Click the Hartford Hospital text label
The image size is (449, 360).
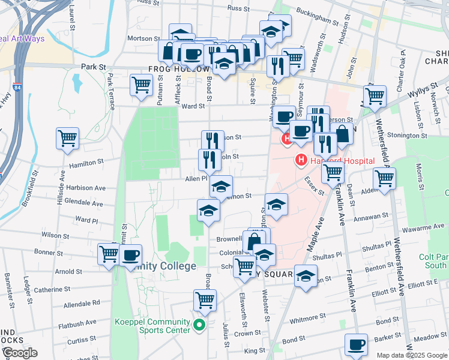pyautogui.click(x=342, y=161)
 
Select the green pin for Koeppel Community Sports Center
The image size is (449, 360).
pyautogui.click(x=200, y=326)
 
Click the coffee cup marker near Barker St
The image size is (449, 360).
pyautogui.click(x=356, y=344)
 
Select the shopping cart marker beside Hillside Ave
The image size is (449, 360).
pyautogui.click(x=67, y=137)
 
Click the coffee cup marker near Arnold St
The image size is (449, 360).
pyautogui.click(x=130, y=255)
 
